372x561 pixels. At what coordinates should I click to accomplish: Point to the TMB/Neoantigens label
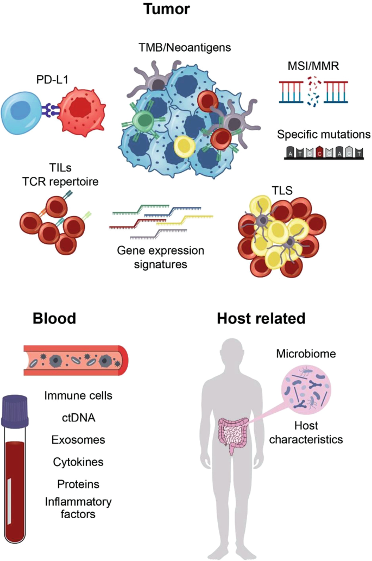tap(185, 48)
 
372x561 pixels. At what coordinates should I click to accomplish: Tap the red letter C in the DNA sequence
tap(319, 153)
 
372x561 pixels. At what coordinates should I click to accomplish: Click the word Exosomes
tap(79, 439)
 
